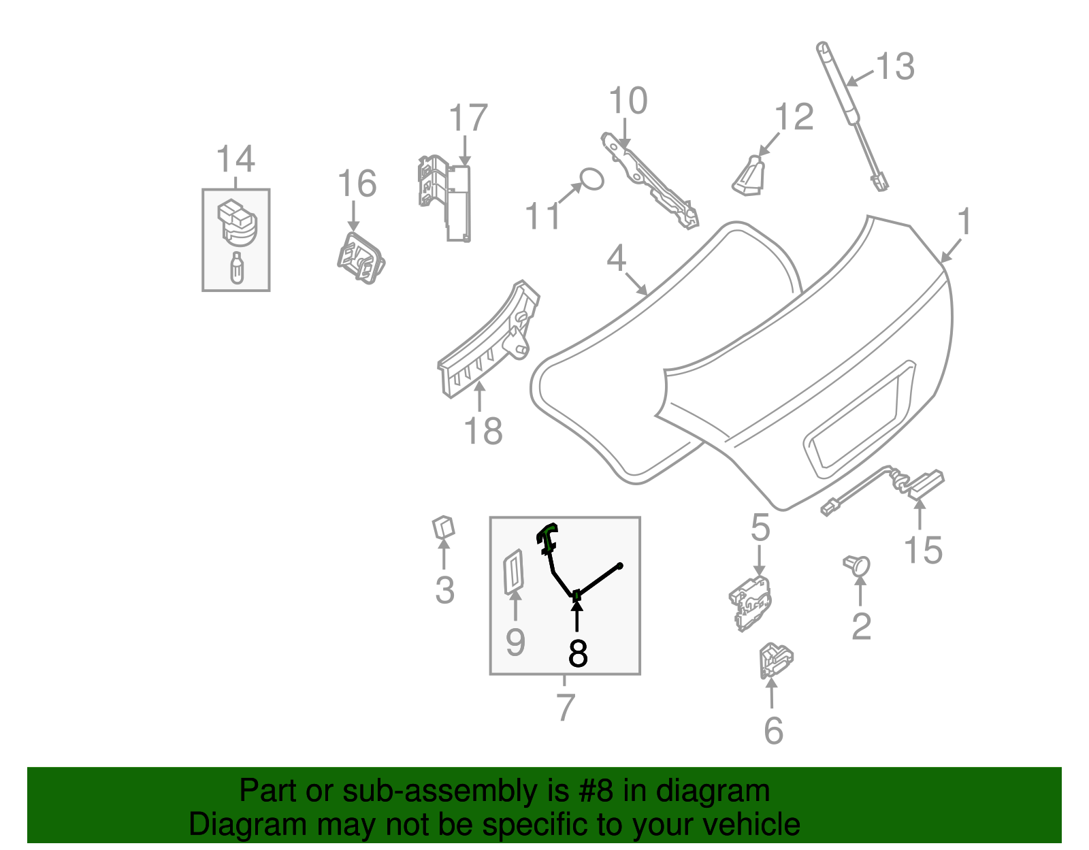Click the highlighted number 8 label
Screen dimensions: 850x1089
click(x=577, y=653)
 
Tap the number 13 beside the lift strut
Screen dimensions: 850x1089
click(x=894, y=67)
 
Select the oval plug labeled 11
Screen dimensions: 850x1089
click(x=591, y=179)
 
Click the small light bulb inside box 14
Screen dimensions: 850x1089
click(x=236, y=268)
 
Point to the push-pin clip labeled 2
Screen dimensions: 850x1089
click(x=858, y=565)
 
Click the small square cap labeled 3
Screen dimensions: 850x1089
click(x=444, y=527)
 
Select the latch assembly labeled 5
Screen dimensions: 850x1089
click(x=750, y=602)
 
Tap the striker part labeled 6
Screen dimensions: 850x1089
click(x=775, y=659)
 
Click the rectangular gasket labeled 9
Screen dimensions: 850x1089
click(x=513, y=572)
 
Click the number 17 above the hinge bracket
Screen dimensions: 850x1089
click(x=468, y=118)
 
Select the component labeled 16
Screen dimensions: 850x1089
click(x=361, y=258)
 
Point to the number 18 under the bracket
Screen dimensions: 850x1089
click(x=483, y=431)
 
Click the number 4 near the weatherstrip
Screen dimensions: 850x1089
click(x=616, y=259)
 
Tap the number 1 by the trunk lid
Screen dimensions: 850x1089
click(x=964, y=223)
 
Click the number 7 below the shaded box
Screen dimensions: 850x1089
click(x=565, y=708)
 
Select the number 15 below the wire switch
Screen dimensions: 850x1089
click(x=923, y=551)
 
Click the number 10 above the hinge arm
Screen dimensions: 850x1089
click(x=628, y=101)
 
